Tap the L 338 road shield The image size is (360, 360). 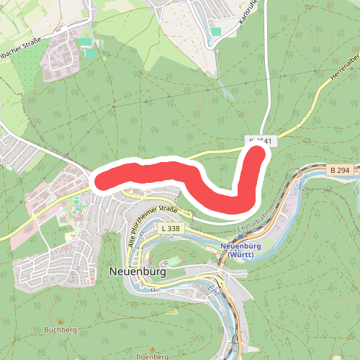click(170, 228)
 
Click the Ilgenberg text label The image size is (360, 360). click(150, 356)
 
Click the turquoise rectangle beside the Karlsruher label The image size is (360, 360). click(216, 32)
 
